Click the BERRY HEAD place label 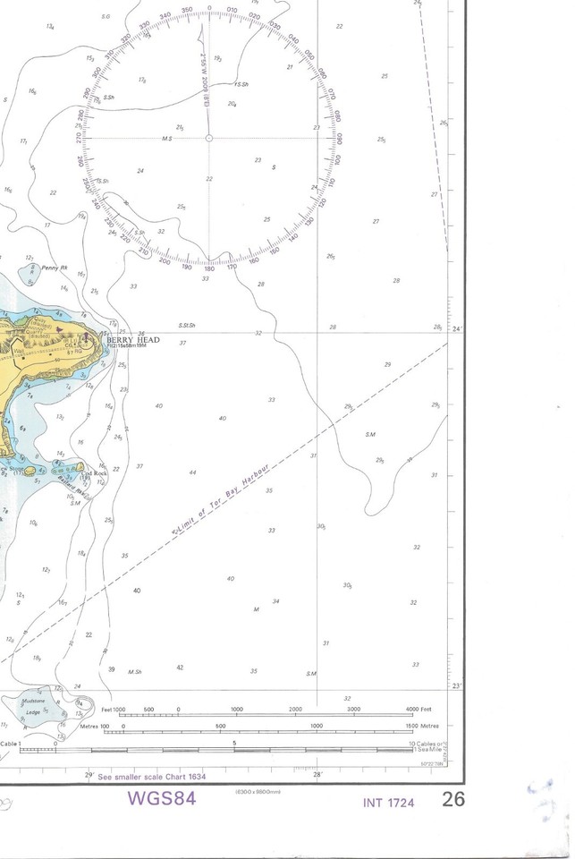132,340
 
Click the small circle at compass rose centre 208,138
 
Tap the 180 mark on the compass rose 209,268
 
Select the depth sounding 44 193,472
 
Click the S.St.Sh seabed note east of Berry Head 186,325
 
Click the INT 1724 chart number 389,803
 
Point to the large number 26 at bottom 453,799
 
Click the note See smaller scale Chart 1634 151,776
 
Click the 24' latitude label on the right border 458,330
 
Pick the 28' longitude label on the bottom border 318,774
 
